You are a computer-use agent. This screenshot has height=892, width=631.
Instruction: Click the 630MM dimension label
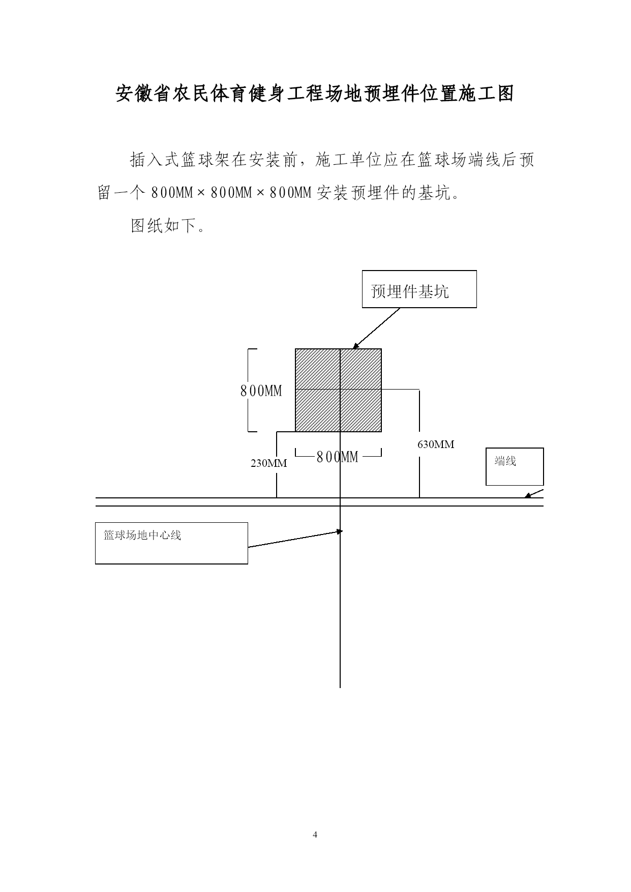coord(436,444)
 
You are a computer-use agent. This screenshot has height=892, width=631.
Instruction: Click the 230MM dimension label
coord(268,463)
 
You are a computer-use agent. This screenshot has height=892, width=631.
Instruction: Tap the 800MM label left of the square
coord(261,391)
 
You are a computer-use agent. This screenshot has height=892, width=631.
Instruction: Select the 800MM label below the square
coord(338,457)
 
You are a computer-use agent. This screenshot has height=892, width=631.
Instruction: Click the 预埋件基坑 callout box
coord(419,289)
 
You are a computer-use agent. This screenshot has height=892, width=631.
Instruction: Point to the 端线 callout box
coord(515,466)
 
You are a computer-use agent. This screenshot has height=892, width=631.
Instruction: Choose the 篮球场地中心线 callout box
coord(171,543)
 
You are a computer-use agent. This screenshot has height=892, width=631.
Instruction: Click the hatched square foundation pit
coord(339,390)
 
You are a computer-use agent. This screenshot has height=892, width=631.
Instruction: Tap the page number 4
coord(315,835)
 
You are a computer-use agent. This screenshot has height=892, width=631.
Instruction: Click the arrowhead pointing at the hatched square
coord(356,346)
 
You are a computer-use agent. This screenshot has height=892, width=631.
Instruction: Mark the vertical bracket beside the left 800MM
coord(249,390)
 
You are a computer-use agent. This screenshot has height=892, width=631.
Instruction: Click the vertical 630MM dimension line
coord(419,443)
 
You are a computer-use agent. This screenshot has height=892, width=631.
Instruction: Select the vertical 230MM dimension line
coord(277,464)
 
